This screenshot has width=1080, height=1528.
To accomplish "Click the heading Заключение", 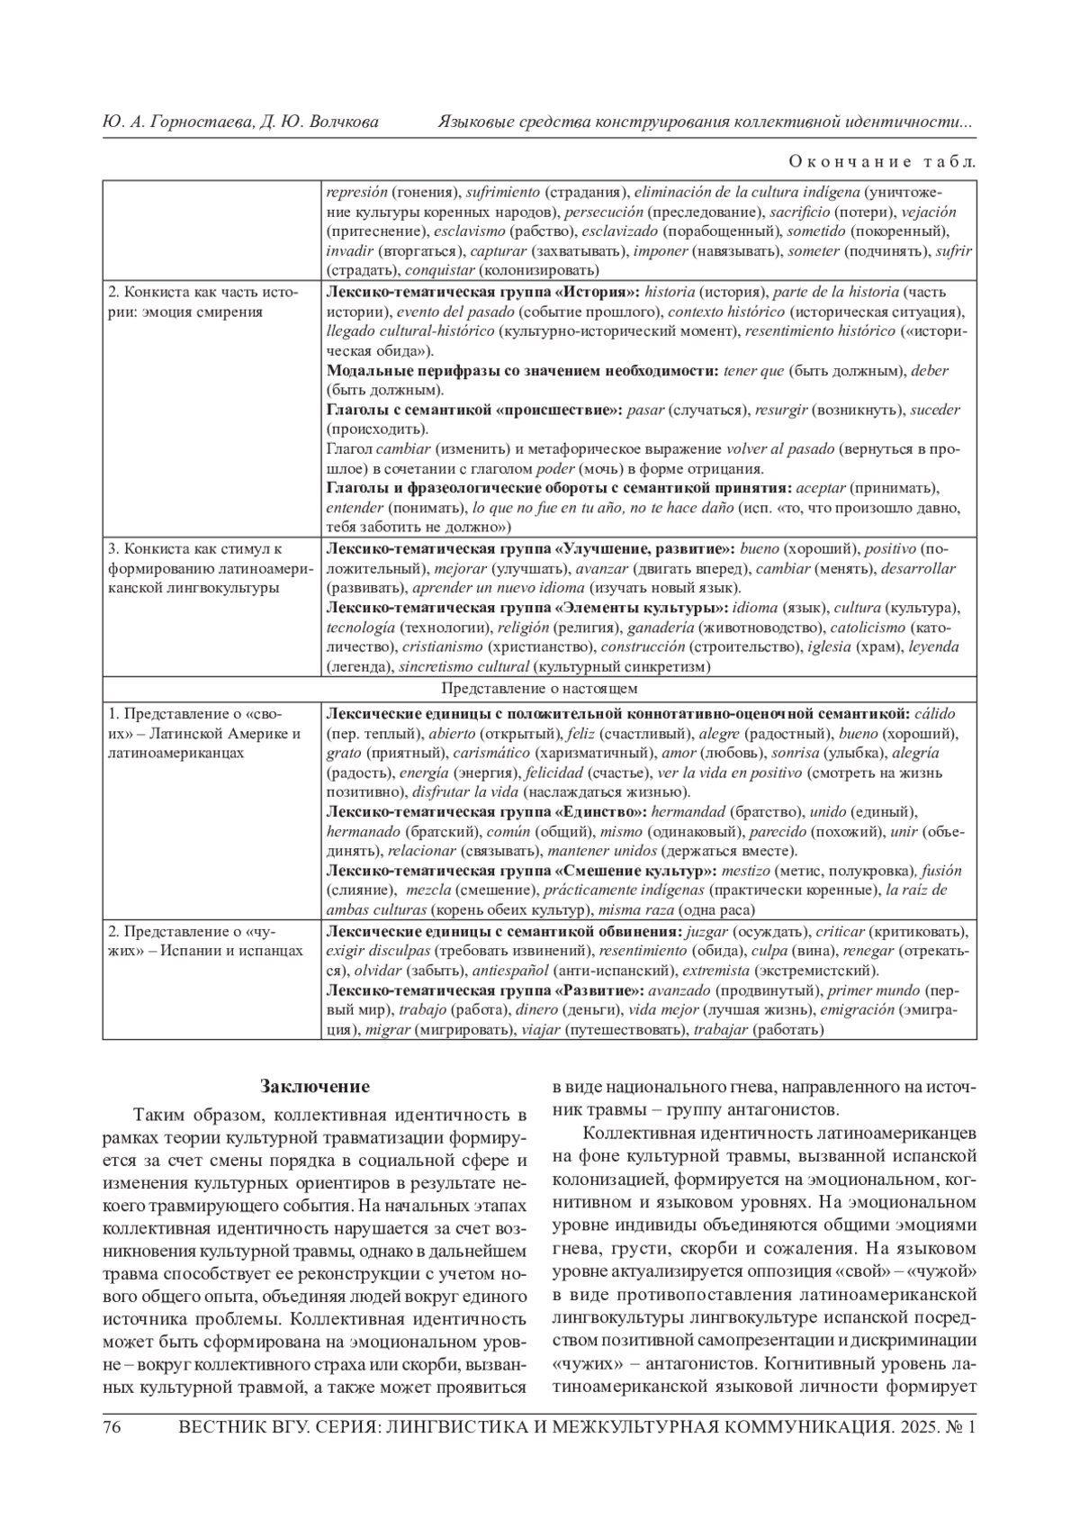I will pyautogui.click(x=314, y=1086).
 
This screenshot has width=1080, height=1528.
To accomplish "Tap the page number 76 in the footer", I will pyautogui.click(x=112, y=1427).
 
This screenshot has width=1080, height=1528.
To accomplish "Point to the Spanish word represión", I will pyautogui.click(x=357, y=192).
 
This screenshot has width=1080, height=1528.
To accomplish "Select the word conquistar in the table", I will pyautogui.click(x=439, y=270).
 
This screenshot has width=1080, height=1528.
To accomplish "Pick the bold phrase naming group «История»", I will pyautogui.click(x=482, y=292).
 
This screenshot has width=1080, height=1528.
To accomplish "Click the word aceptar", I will pyautogui.click(x=821, y=488).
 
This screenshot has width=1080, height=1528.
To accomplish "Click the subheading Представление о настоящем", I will pyautogui.click(x=540, y=689).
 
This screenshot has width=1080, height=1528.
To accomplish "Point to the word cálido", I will pyautogui.click(x=934, y=713).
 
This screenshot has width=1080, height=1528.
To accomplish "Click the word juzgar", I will pyautogui.click(x=706, y=931).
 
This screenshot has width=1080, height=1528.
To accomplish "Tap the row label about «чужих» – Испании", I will pyautogui.click(x=205, y=941).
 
